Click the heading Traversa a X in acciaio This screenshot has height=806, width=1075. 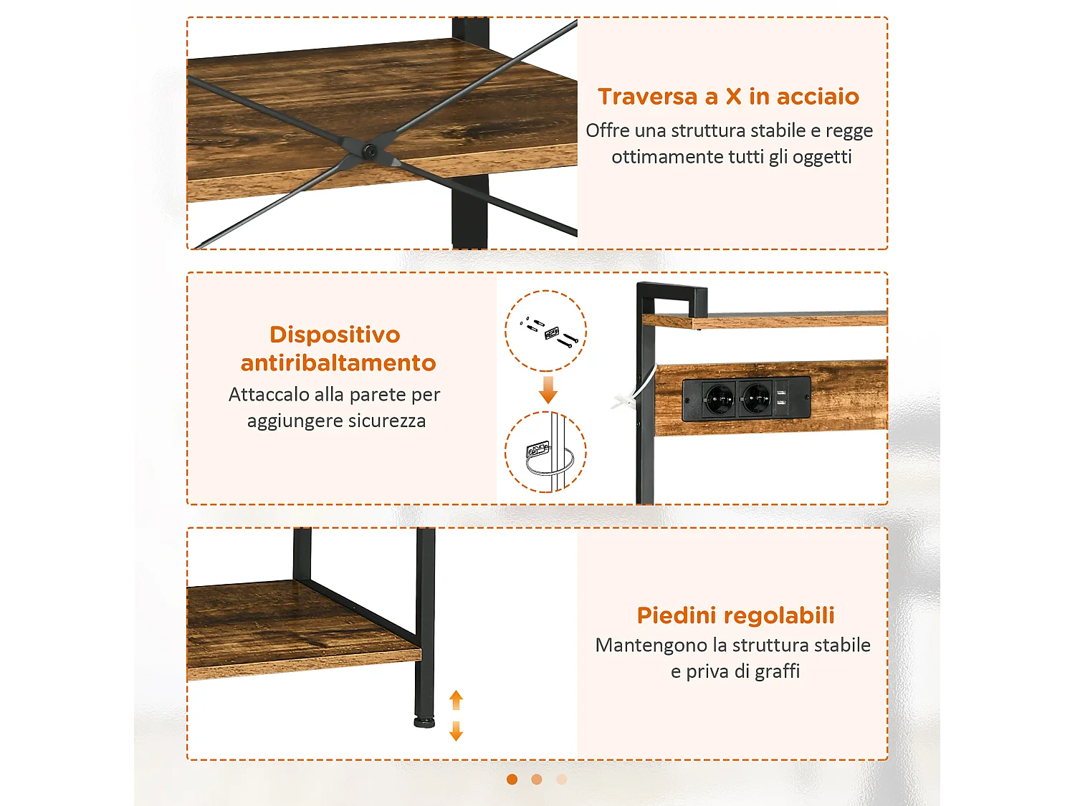[728, 96]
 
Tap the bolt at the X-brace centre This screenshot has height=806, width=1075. [369, 151]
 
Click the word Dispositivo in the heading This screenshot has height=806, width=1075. [335, 335]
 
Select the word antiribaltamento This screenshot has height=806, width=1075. [338, 363]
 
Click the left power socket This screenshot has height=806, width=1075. [719, 398]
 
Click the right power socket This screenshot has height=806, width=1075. [755, 398]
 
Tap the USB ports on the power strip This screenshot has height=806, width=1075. [781, 398]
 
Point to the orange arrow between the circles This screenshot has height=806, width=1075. [548, 390]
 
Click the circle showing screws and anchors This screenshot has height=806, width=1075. [546, 330]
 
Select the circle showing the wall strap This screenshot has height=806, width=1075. [546, 452]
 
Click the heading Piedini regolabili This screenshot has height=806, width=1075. [735, 615]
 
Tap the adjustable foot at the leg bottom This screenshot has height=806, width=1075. [424, 721]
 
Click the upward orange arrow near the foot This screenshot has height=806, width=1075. [456, 699]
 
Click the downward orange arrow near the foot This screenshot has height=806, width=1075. [456, 731]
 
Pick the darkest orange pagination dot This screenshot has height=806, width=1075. [512, 779]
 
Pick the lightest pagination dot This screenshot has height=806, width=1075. [562, 779]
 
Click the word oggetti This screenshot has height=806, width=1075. [822, 157]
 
